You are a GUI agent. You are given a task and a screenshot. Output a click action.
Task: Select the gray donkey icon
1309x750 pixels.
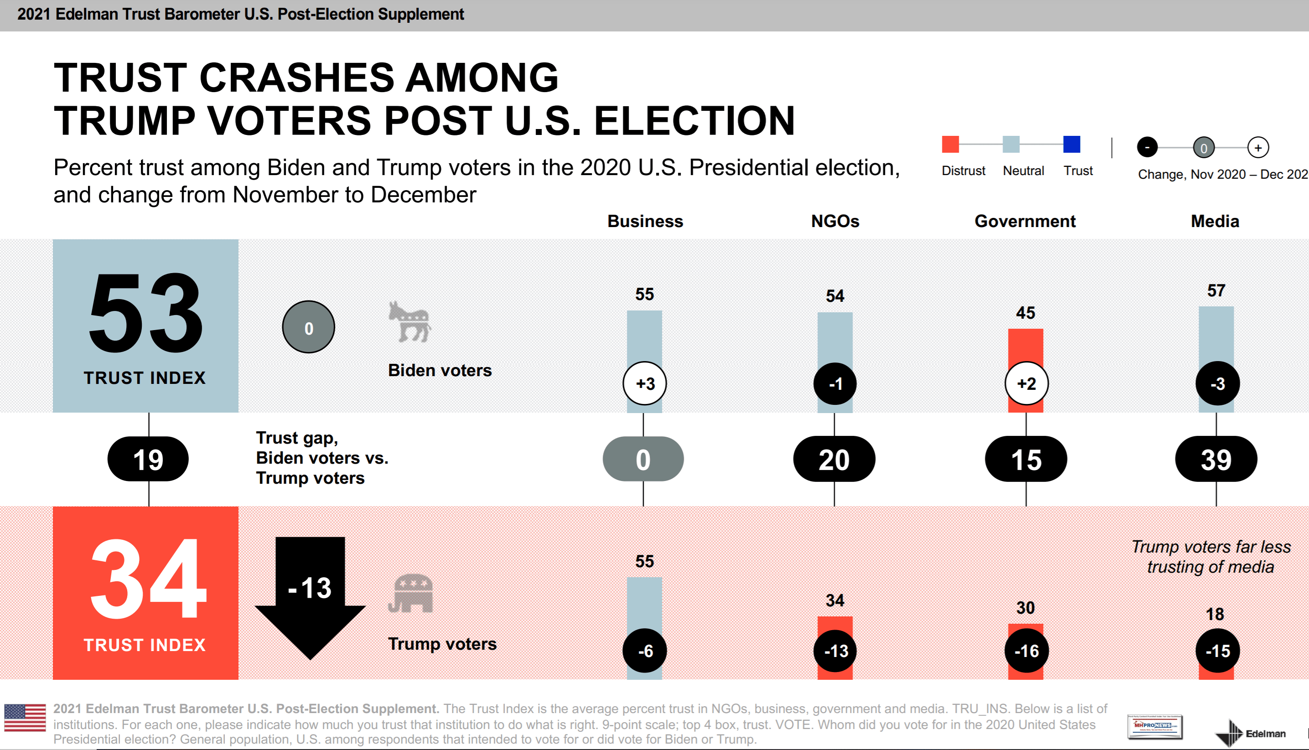410,322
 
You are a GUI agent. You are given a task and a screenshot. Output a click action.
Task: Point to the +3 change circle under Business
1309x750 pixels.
645,384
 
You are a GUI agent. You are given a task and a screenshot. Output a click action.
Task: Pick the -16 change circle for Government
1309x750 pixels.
1026,651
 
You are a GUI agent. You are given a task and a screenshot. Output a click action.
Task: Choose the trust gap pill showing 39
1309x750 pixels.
1216,460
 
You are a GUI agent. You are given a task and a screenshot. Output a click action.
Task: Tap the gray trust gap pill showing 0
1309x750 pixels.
643,460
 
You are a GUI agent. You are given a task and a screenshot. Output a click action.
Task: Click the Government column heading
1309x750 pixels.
1025,221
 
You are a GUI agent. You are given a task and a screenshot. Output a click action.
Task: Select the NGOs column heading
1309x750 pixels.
835,221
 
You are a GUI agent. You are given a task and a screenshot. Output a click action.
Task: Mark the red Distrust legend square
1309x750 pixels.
950,144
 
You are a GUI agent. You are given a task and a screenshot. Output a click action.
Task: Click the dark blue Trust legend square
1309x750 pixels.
1071,144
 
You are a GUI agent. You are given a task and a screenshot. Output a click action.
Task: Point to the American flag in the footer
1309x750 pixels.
25,718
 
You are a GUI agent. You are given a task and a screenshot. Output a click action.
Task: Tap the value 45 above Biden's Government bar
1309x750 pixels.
1025,313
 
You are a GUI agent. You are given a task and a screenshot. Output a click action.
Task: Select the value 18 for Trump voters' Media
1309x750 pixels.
1215,614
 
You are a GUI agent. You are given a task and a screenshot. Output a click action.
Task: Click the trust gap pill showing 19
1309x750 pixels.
148,460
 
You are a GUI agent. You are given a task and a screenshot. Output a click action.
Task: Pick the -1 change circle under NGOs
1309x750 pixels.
835,384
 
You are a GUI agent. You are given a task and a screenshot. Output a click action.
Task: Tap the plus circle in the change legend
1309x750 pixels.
1257,148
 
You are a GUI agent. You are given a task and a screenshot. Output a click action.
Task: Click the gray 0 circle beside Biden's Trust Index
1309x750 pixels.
309,327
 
